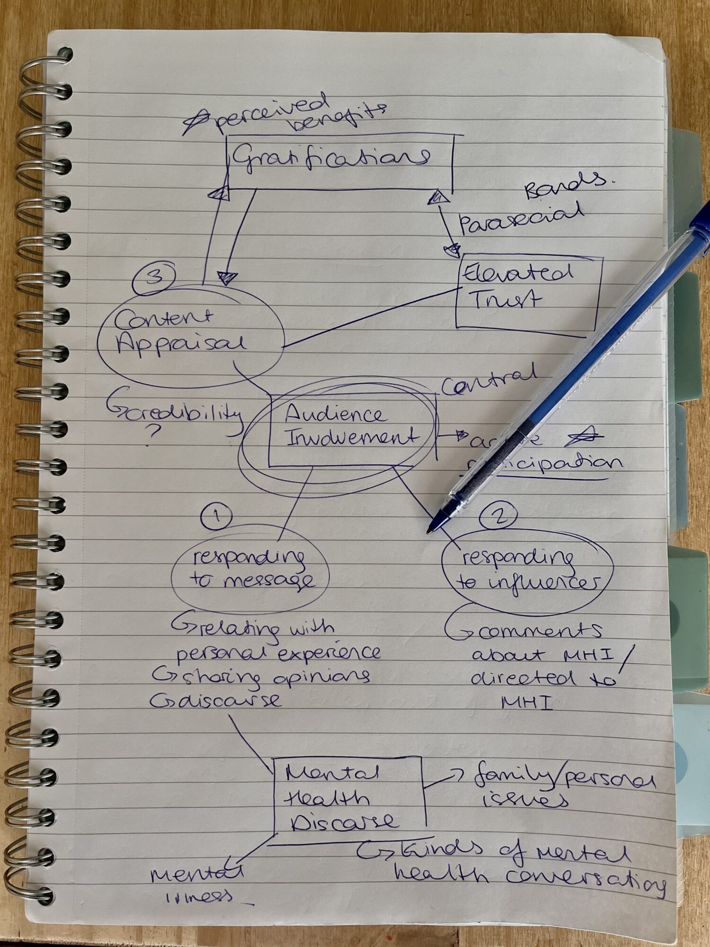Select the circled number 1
coord(216,516)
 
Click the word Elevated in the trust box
coord(517,273)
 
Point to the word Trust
coord(505,299)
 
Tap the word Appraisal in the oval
coord(181,343)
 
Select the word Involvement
coord(353,437)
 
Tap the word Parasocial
coord(521,219)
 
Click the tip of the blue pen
coord(429,531)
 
